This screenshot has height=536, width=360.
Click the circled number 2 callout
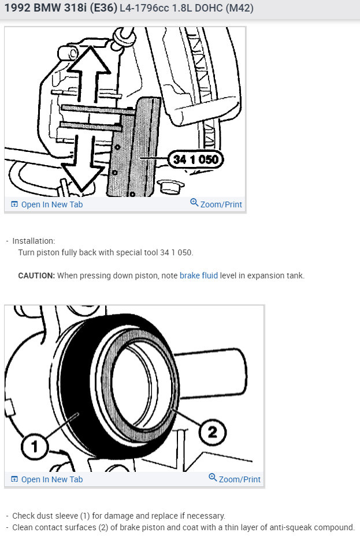tap(212, 432)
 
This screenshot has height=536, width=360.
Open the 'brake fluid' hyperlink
tap(199, 276)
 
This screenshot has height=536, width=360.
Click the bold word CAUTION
tap(36, 276)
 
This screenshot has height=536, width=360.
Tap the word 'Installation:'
tap(34, 241)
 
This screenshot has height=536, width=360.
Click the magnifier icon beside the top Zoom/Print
tap(194, 203)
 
